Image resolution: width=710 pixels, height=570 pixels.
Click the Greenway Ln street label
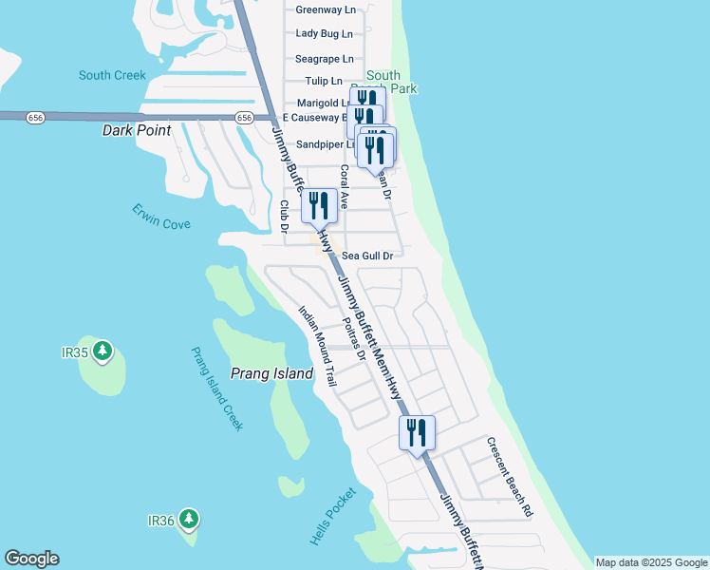pyautogui.click(x=325, y=9)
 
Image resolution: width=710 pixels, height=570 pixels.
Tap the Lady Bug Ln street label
pyautogui.click(x=325, y=33)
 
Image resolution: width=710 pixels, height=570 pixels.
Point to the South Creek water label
pyautogui.click(x=112, y=75)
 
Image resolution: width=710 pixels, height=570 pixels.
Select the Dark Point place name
pyautogui.click(x=136, y=130)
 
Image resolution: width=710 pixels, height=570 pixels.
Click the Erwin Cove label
pyautogui.click(x=161, y=217)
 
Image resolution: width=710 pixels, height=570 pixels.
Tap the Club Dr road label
pyautogui.click(x=284, y=215)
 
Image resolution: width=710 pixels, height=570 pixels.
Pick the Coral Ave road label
pyautogui.click(x=345, y=187)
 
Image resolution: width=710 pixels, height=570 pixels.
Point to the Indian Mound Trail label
pyautogui.click(x=318, y=345)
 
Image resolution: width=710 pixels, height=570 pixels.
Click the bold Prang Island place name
pyautogui.click(x=272, y=374)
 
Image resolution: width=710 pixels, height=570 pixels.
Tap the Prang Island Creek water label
pyautogui.click(x=217, y=389)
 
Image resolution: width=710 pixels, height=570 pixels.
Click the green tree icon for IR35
pyautogui.click(x=103, y=351)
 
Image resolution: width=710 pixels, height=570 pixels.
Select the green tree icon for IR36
pyautogui.click(x=190, y=519)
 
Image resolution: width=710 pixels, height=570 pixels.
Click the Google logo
pyautogui.click(x=31, y=559)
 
